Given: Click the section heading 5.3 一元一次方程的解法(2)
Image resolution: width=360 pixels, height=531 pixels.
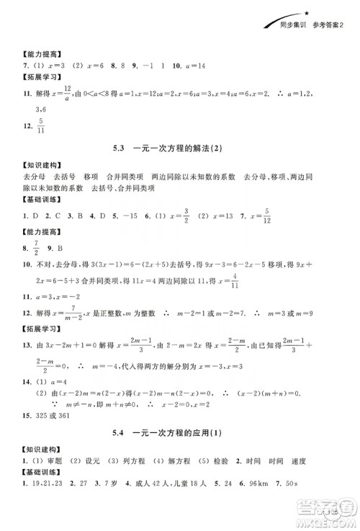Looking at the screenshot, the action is [x=179, y=149].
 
